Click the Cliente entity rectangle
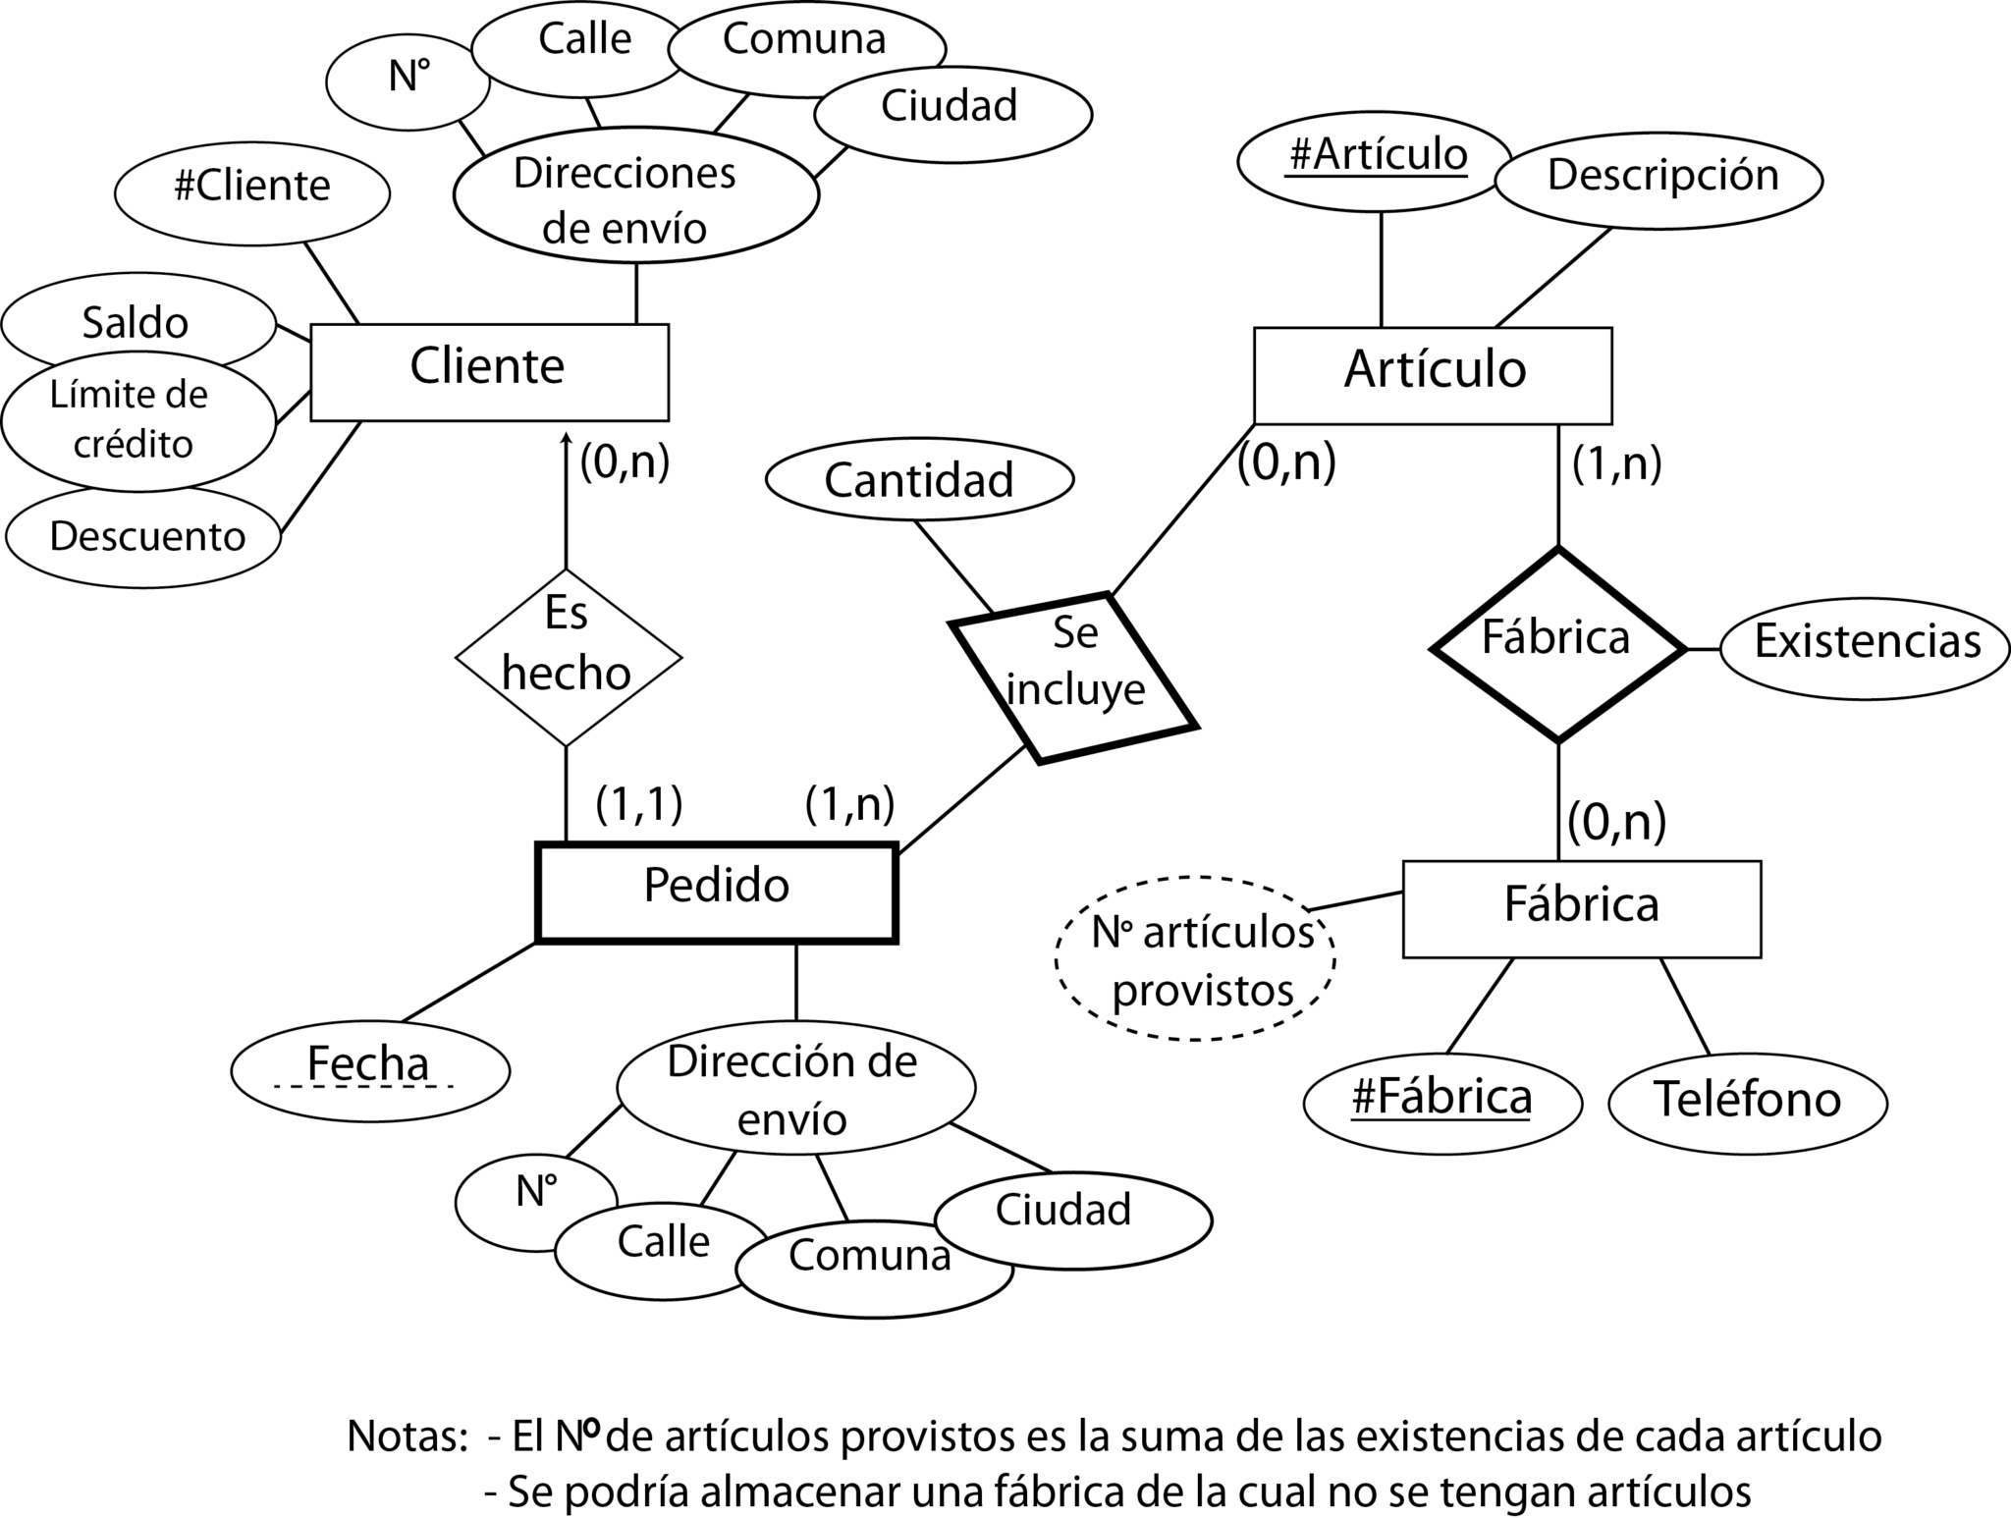coord(489,372)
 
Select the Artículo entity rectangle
coord(1433,375)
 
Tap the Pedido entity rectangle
coord(716,892)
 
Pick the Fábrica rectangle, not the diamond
coord(1581,908)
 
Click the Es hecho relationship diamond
coord(568,657)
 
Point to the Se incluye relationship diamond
coord(1073,678)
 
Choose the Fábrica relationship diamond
coord(1557,644)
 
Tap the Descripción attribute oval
coord(1658,180)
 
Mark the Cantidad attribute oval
coord(919,480)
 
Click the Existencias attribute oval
coord(1865,648)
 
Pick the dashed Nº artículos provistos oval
coord(1194,958)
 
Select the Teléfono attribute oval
coord(1747,1103)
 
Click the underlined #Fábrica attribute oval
coord(1441,1103)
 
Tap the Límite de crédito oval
coord(137,422)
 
